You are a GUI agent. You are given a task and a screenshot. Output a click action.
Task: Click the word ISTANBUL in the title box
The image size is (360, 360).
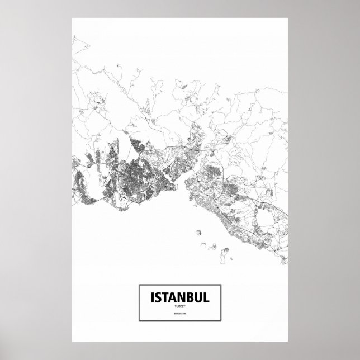pyautogui.click(x=180, y=297)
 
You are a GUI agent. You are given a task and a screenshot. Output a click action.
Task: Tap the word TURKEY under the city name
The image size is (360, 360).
pyautogui.click(x=180, y=307)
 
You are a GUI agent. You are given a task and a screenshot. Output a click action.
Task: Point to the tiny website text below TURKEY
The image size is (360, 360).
pyautogui.click(x=180, y=316)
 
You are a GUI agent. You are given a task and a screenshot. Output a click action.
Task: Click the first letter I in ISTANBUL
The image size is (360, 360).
pyautogui.click(x=151, y=297)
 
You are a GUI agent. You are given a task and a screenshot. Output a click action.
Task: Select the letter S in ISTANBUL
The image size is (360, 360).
pyautogui.click(x=157, y=297)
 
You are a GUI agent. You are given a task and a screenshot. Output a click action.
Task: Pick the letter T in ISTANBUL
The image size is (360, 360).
pyautogui.click(x=165, y=297)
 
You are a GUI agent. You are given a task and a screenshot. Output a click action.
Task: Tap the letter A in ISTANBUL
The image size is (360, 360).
pyautogui.click(x=173, y=297)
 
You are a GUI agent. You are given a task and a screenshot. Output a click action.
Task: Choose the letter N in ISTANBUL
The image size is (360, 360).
pyautogui.click(x=181, y=297)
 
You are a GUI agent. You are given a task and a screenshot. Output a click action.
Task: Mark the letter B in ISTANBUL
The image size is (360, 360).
pyautogui.click(x=190, y=297)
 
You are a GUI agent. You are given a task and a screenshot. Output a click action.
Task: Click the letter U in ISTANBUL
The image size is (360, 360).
pyautogui.click(x=198, y=297)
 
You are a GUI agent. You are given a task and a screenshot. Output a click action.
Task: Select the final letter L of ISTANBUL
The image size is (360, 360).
pyautogui.click(x=206, y=297)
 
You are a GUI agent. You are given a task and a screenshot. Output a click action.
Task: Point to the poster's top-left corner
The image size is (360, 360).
pyautogui.click(x=73, y=18)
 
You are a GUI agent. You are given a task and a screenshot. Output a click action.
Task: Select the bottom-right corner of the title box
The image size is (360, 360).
pyautogui.click(x=222, y=323)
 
